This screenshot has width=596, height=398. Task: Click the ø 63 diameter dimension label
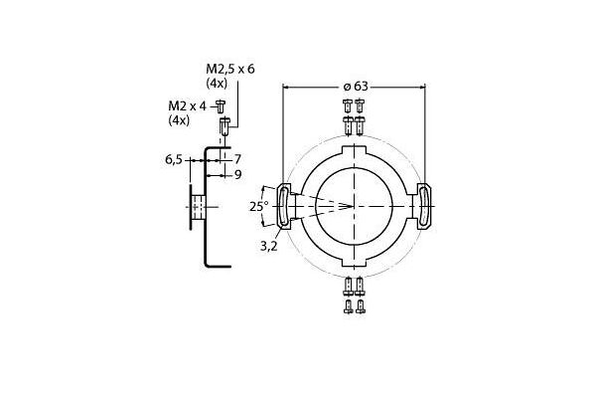point(356,87)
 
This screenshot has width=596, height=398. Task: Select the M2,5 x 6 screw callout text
point(229,69)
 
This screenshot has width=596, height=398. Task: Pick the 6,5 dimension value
point(175,158)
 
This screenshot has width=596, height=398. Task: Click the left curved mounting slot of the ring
point(282,207)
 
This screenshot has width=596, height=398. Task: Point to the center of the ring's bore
point(355,207)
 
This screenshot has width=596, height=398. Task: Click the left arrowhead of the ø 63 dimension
point(287,88)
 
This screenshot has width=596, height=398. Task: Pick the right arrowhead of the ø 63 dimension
point(423,88)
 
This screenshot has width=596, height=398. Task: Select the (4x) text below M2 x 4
point(180,120)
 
